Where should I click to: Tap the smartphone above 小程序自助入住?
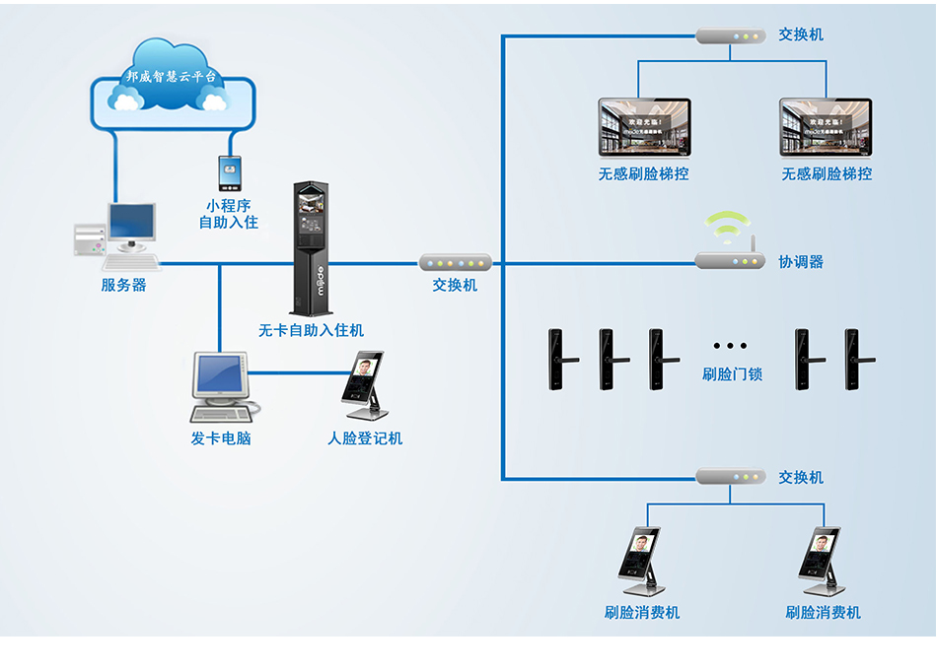230,173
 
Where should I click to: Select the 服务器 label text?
123,285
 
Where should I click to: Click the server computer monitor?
130,225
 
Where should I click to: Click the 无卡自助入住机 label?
311,330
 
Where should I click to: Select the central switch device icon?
455,263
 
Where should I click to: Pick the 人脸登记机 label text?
365,438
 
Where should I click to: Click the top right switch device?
730,36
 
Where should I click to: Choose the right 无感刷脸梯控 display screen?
826,128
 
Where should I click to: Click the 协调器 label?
800,262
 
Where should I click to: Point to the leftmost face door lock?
558,360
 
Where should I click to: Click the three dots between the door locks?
730,346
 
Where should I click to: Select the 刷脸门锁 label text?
732,374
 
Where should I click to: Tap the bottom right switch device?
730,477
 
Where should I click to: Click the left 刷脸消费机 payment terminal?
642,561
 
